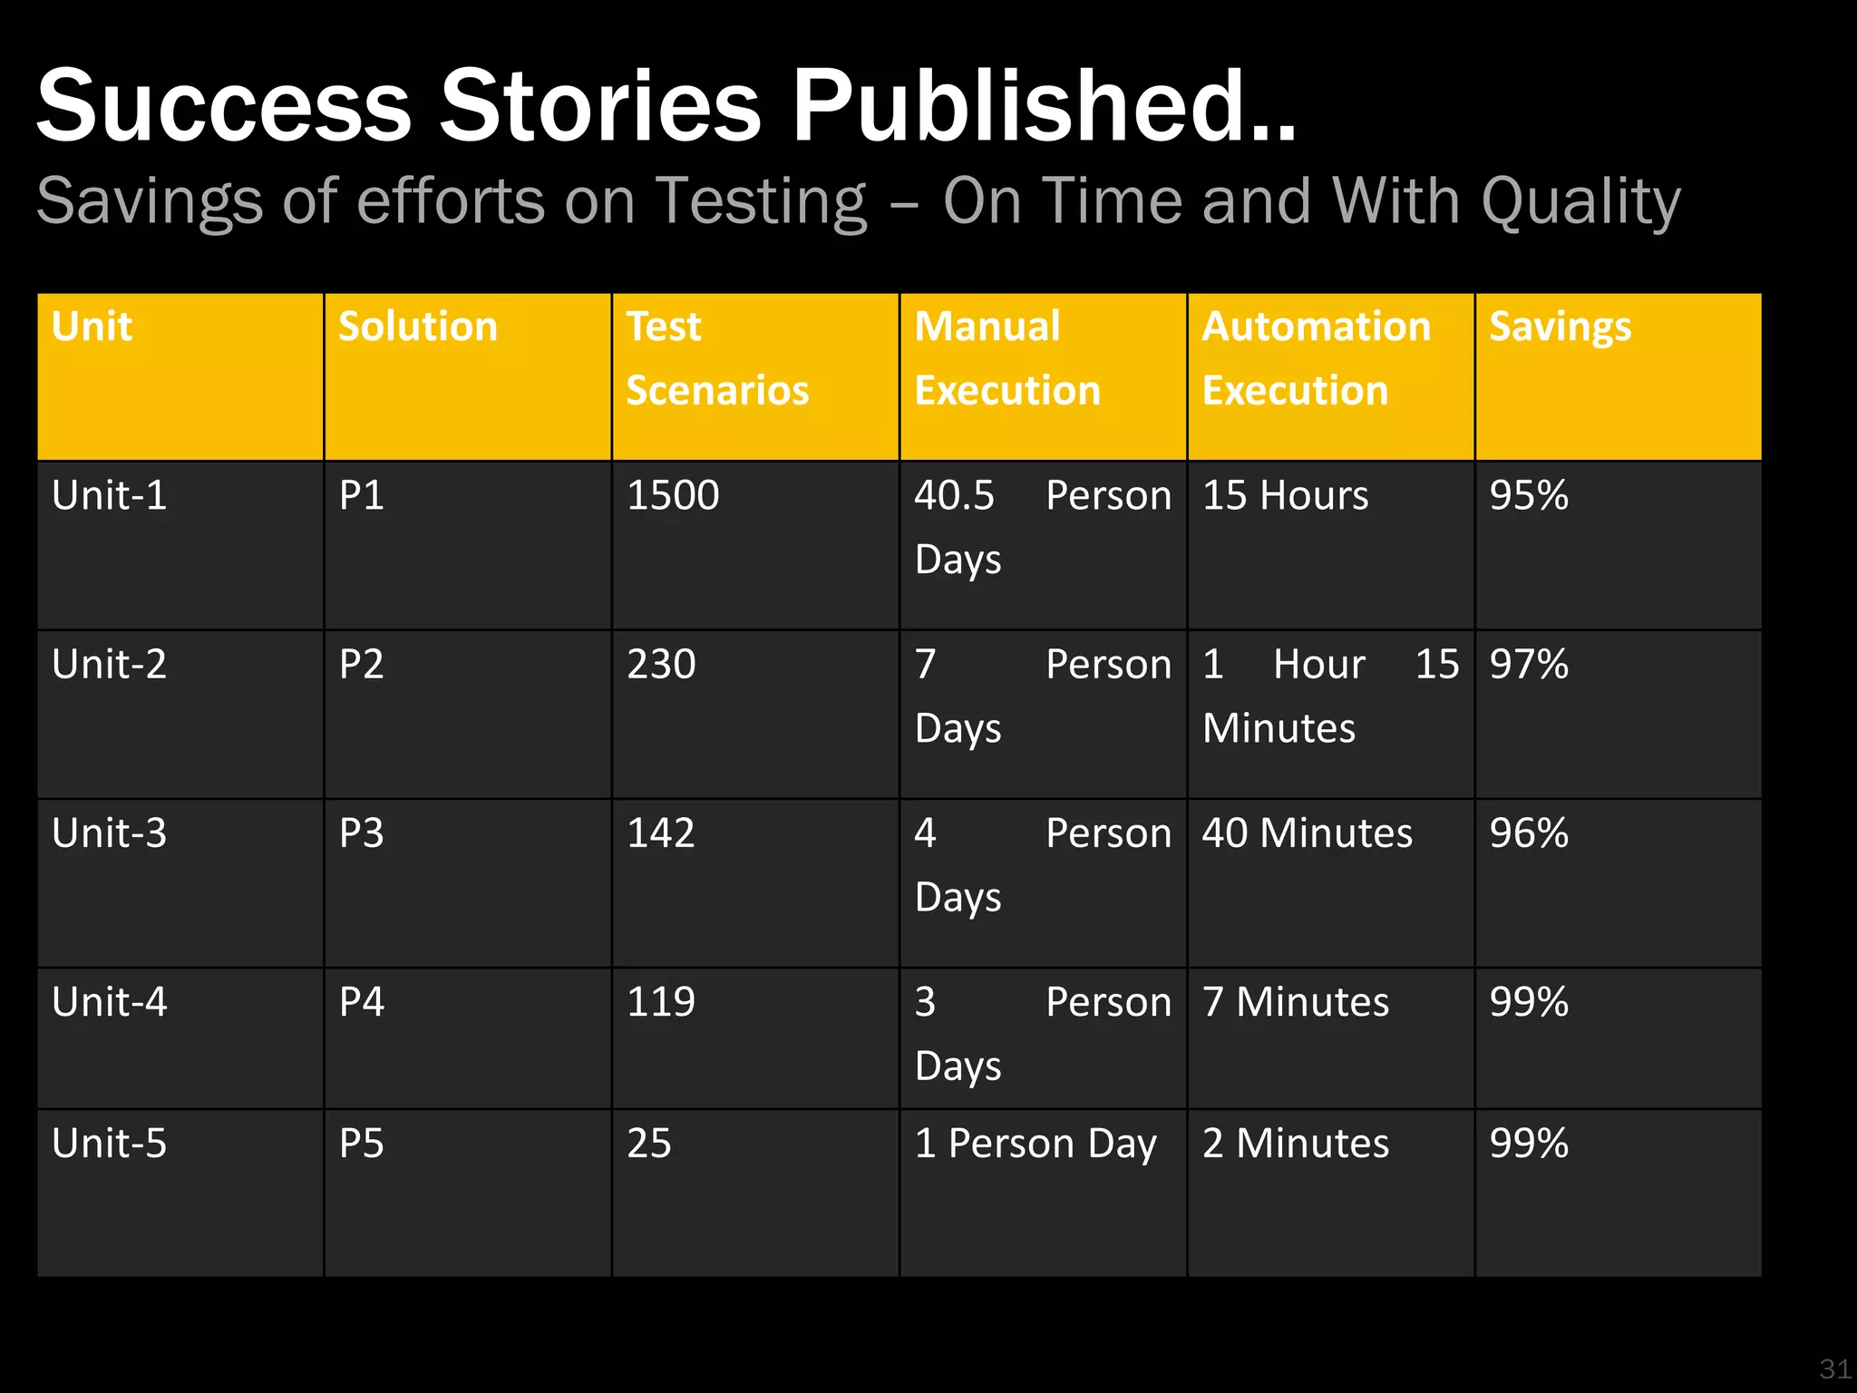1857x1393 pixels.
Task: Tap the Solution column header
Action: (x=418, y=326)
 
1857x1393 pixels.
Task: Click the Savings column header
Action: (x=1560, y=326)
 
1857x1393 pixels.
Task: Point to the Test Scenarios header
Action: (x=716, y=358)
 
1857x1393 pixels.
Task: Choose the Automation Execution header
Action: (x=1316, y=358)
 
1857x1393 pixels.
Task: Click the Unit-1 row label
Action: (x=110, y=496)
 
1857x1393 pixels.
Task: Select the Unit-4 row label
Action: (x=110, y=1002)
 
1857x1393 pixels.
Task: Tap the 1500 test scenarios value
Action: (x=673, y=496)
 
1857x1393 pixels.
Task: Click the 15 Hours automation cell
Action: (x=1285, y=496)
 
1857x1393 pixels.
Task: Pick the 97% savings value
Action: (x=1529, y=665)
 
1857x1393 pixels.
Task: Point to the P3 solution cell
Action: (x=362, y=833)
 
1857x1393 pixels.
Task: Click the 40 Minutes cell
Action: (x=1307, y=833)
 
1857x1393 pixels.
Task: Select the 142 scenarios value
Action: (x=661, y=833)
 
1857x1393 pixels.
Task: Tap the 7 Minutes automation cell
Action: (x=1296, y=1002)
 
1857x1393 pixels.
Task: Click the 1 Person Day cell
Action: (x=1035, y=1144)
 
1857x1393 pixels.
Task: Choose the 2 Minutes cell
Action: (x=1296, y=1144)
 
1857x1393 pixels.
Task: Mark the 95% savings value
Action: (x=1529, y=496)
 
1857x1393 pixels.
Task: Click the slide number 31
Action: (x=1834, y=1369)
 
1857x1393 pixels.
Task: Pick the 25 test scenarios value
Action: (x=649, y=1144)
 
